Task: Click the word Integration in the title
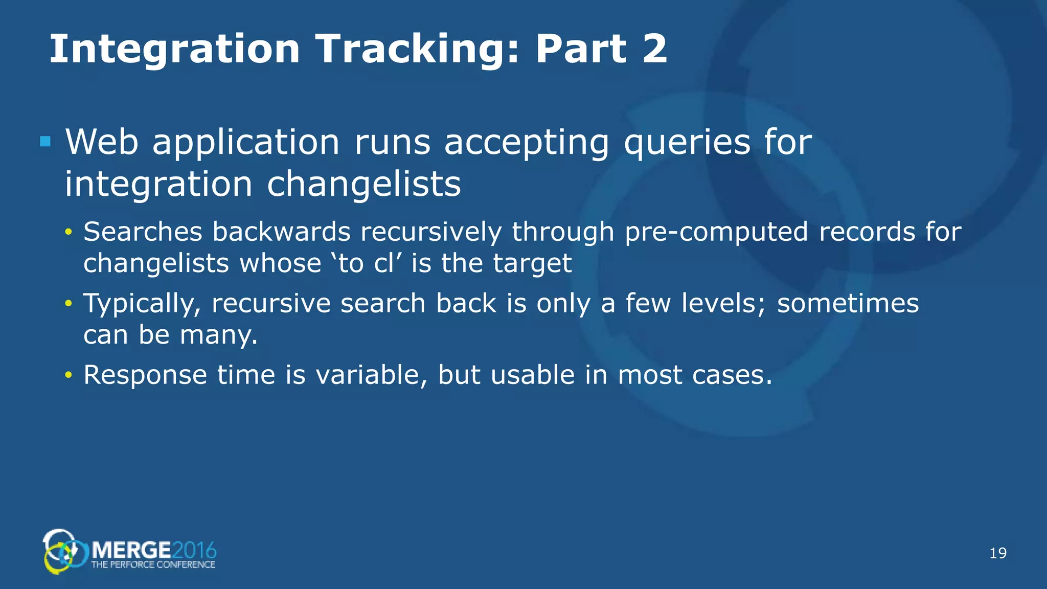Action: (x=174, y=49)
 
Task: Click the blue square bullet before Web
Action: (x=45, y=142)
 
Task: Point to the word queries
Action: (x=687, y=143)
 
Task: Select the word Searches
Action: (x=143, y=232)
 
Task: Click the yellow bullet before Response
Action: (x=69, y=376)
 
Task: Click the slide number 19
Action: (x=997, y=553)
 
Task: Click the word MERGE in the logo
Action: (x=131, y=551)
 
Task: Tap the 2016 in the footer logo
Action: (x=194, y=551)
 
